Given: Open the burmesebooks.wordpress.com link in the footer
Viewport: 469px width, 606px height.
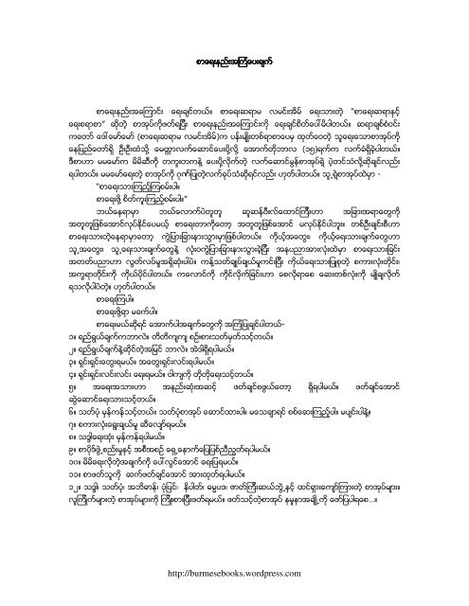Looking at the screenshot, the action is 234,573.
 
